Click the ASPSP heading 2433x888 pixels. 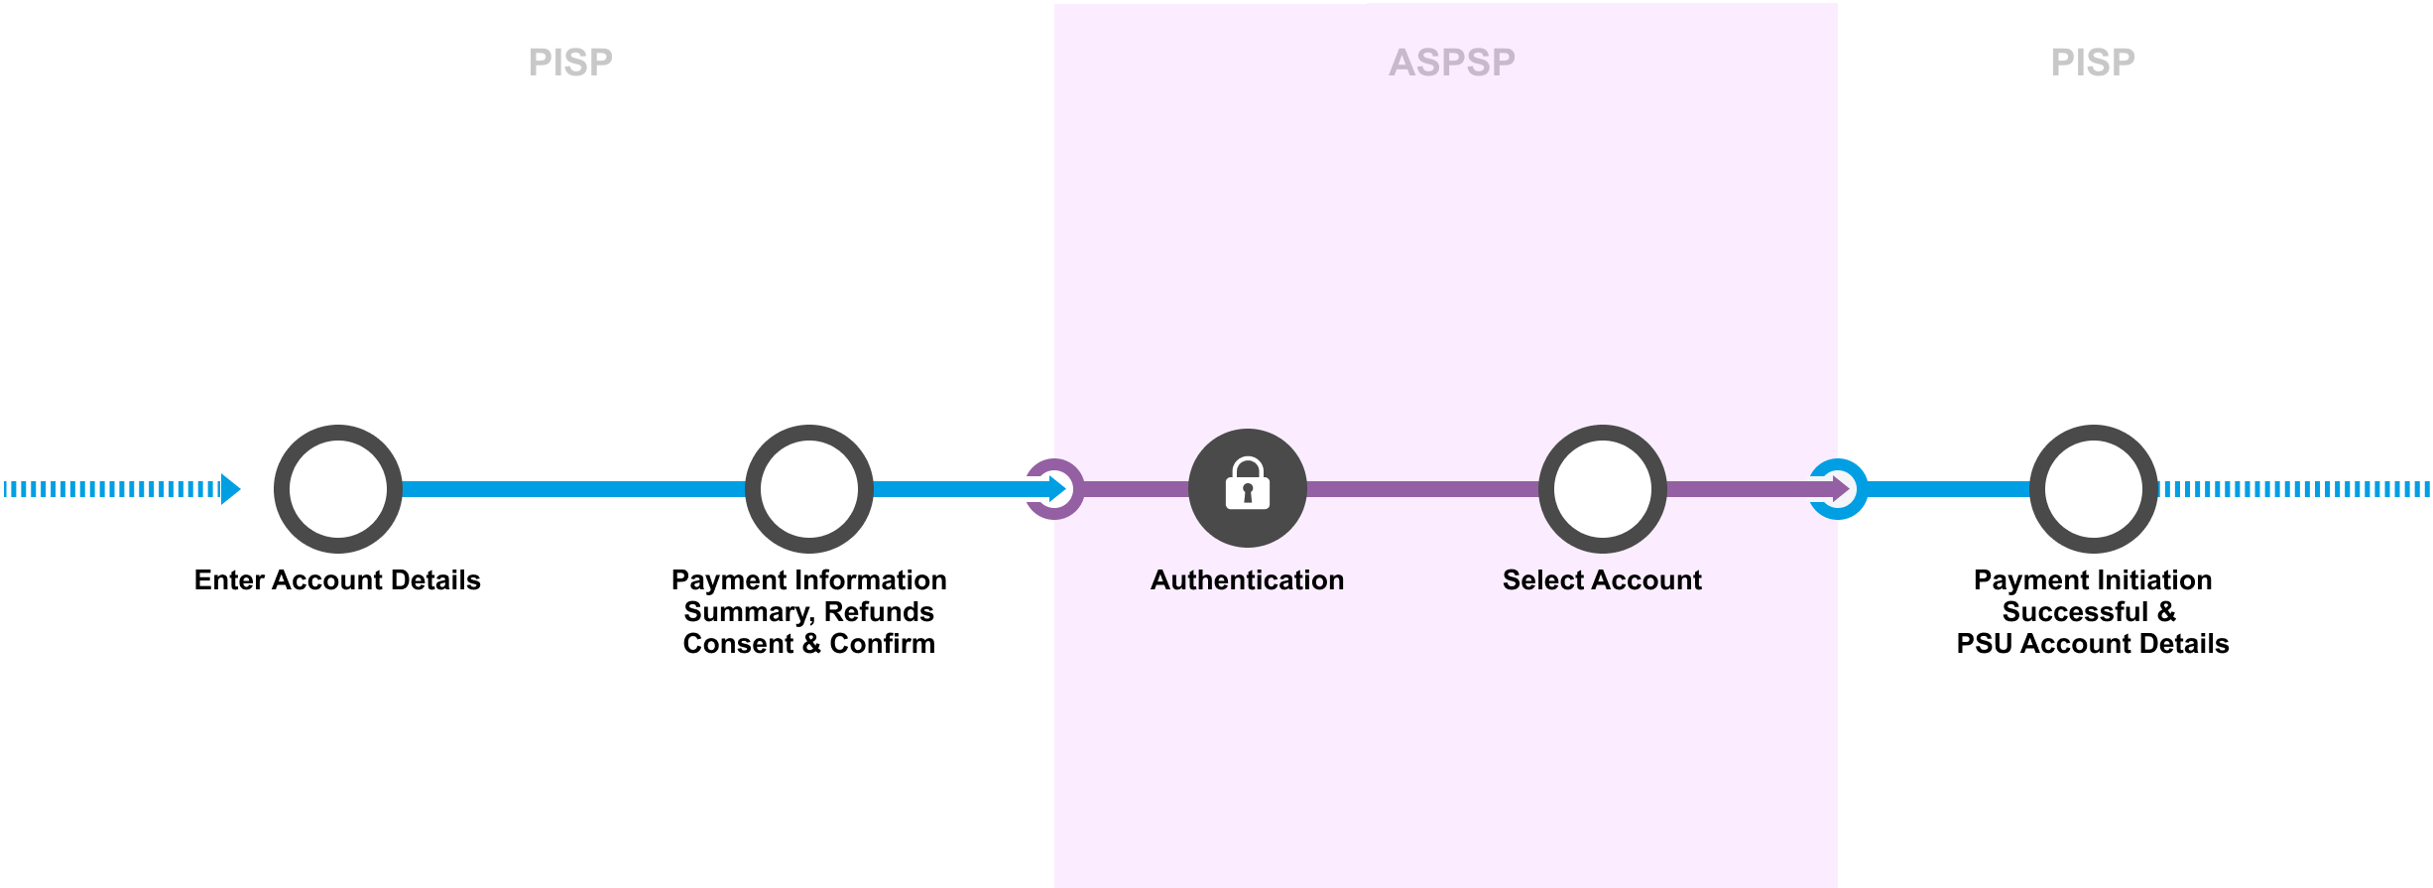(x=1452, y=63)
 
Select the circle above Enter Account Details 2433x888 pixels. (x=337, y=488)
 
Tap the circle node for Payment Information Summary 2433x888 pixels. (x=808, y=488)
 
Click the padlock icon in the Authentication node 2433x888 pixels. (x=1247, y=484)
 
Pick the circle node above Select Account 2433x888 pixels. (x=1602, y=488)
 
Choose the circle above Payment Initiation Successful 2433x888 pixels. (x=2093, y=488)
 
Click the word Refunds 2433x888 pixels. (x=879, y=611)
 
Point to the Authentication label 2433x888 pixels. (x=1247, y=579)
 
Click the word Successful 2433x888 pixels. (x=2075, y=611)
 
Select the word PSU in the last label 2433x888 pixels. (x=1985, y=643)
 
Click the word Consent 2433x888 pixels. (x=738, y=643)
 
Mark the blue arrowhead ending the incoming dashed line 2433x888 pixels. (x=230, y=488)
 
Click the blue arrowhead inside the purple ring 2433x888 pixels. (x=1058, y=488)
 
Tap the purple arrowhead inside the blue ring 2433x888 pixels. (x=1841, y=488)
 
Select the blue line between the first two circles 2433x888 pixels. (x=573, y=488)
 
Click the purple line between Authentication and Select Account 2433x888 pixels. (x=1422, y=488)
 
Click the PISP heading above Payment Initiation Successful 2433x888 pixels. (x=2093, y=63)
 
